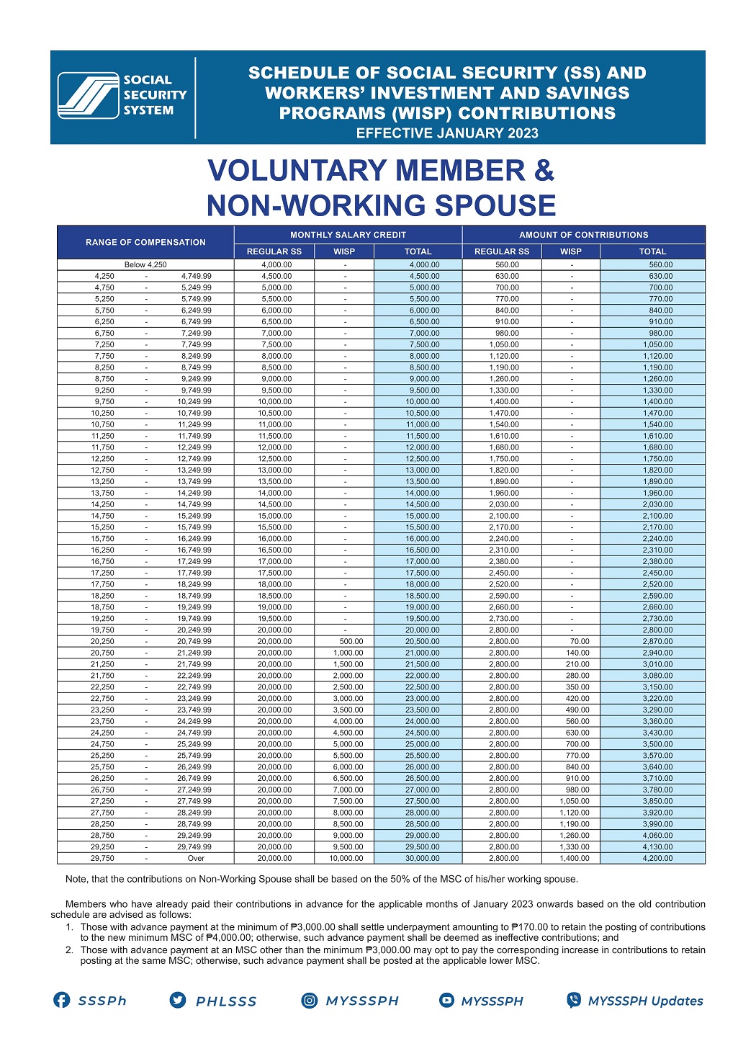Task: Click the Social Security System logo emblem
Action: (88, 95)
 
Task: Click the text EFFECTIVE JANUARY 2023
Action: (447, 133)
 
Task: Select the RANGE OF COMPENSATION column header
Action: (145, 243)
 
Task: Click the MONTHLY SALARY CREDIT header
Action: (348, 235)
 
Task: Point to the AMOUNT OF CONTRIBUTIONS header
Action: (583, 235)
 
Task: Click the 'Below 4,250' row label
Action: (145, 264)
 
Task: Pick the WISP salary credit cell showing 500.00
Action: (351, 641)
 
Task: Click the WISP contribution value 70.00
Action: (579, 641)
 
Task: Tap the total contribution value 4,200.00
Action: (657, 858)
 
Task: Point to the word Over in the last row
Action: (196, 858)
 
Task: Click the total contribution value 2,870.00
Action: (657, 641)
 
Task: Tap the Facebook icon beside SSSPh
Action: (62, 1000)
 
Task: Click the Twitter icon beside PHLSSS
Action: (178, 1000)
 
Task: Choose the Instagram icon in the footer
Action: (310, 1000)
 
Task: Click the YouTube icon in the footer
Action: (447, 1000)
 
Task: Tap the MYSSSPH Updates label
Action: (645, 1001)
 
